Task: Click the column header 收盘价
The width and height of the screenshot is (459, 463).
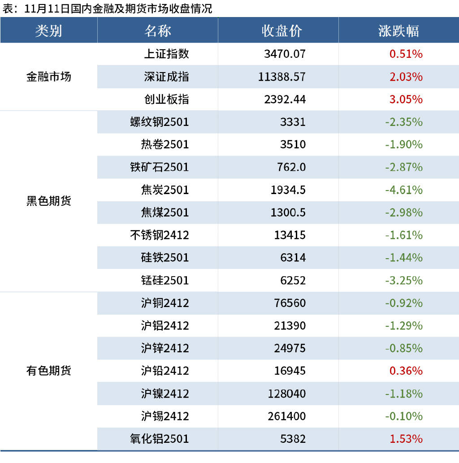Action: [x=281, y=30]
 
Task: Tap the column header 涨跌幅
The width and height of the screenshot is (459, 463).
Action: [x=398, y=30]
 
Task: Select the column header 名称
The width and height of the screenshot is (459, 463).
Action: [x=157, y=30]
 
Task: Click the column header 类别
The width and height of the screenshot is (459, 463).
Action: [x=48, y=30]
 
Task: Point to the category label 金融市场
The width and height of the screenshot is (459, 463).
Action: [x=48, y=77]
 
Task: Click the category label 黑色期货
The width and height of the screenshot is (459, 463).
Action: [x=48, y=201]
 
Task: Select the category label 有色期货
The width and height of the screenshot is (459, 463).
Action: [x=48, y=371]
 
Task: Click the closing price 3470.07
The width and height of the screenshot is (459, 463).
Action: [x=285, y=54]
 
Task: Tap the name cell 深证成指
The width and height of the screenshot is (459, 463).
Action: [x=166, y=77]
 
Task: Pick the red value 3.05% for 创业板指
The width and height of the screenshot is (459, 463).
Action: [x=406, y=100]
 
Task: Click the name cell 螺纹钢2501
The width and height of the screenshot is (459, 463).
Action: [x=159, y=122]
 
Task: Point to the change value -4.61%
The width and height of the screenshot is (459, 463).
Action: [x=403, y=190]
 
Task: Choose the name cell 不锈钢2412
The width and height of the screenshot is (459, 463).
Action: [x=159, y=235]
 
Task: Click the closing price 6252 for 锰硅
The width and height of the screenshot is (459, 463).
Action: [x=293, y=281]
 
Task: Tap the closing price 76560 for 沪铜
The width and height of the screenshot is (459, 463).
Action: [x=290, y=303]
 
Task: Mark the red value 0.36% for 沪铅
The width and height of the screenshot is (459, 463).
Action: [x=406, y=371]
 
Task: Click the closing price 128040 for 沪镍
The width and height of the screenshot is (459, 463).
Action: [x=287, y=394]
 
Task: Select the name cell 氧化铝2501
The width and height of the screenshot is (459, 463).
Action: [x=159, y=439]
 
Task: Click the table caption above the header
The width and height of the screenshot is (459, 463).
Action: [x=108, y=9]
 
